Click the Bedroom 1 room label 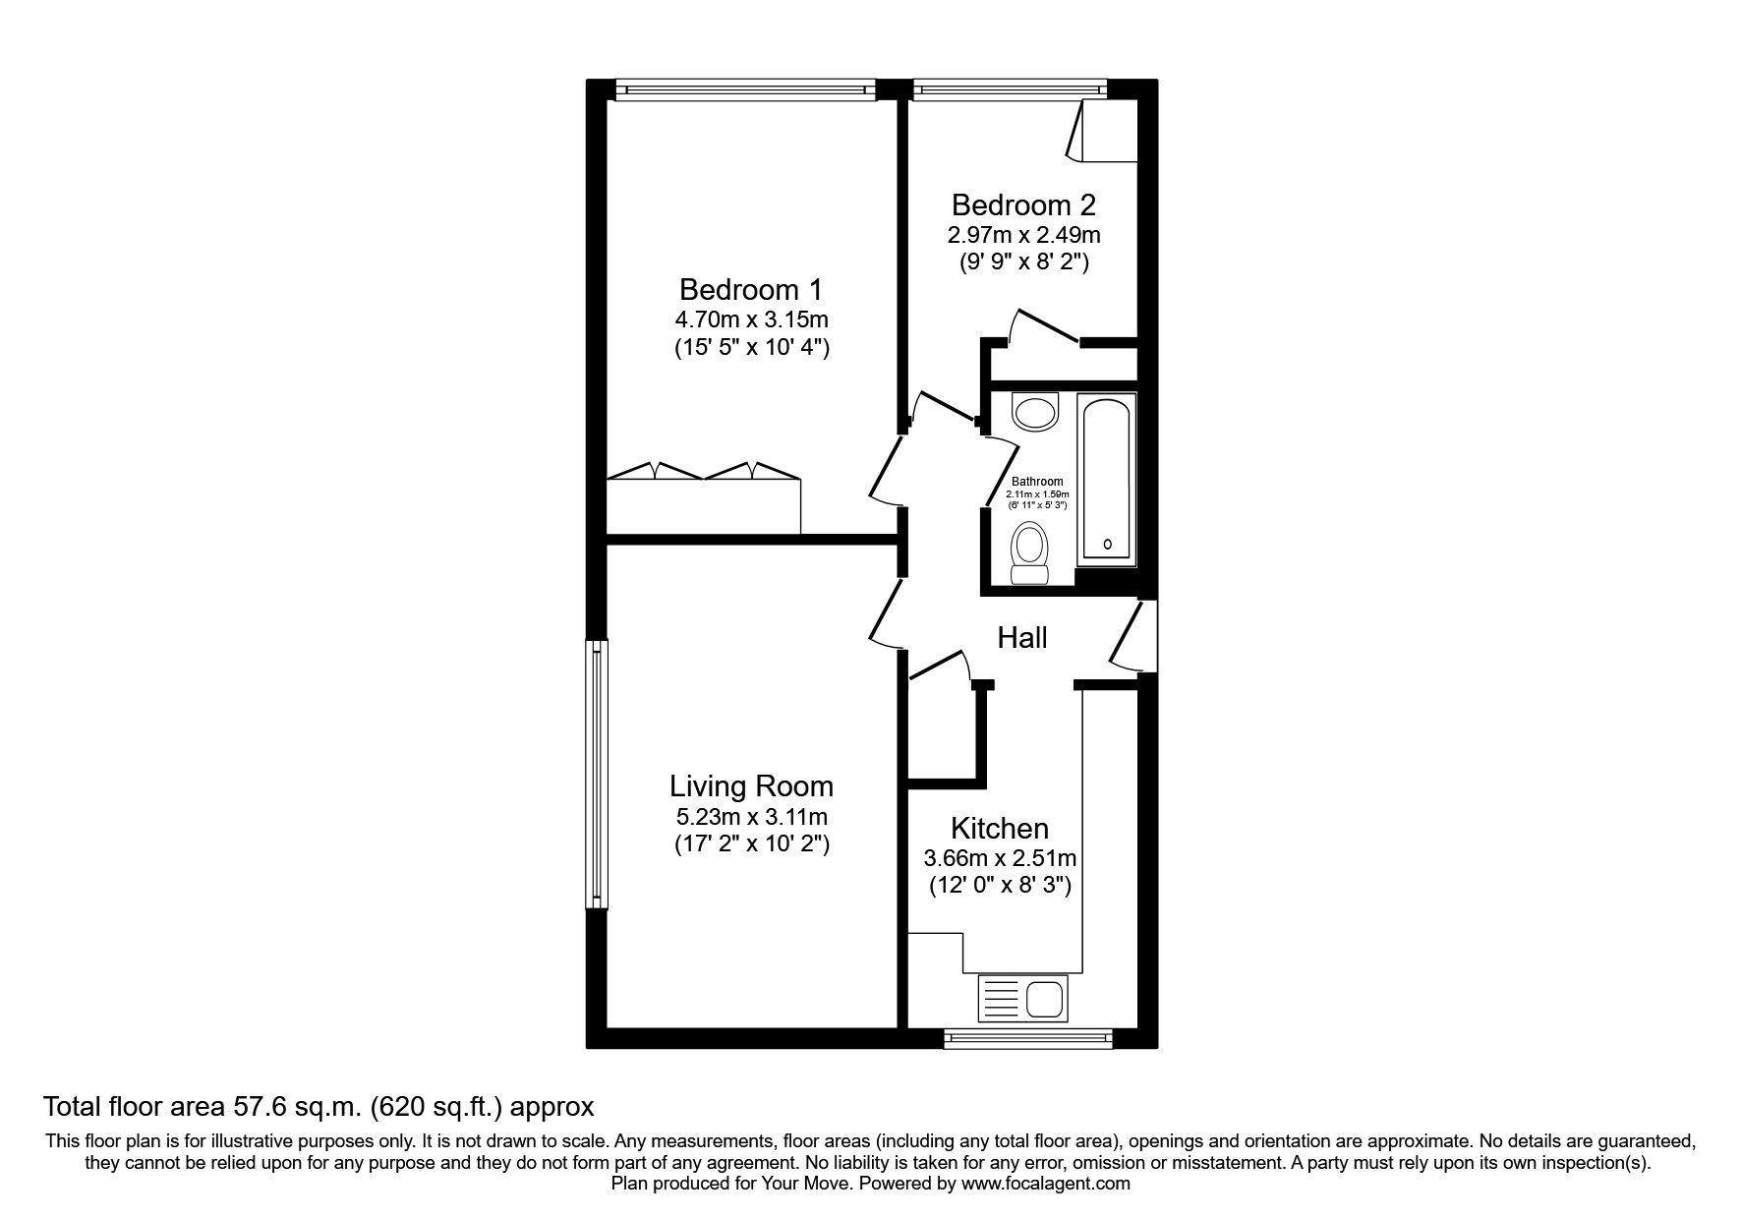pos(751,290)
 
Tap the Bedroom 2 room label pos(1023,205)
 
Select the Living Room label pos(751,786)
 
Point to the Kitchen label pos(999,828)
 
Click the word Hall pos(1022,638)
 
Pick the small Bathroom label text pos(1037,482)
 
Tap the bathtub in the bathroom pos(1108,479)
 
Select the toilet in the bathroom pos(1030,552)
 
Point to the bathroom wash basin pos(1034,411)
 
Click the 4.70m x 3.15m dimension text pos(751,319)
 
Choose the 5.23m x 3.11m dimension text pos(751,816)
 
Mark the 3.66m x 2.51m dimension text pos(999,858)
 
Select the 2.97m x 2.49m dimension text pos(1023,235)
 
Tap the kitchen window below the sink pos(1027,1037)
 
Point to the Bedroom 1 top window pos(744,89)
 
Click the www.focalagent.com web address pos(1046,1184)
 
